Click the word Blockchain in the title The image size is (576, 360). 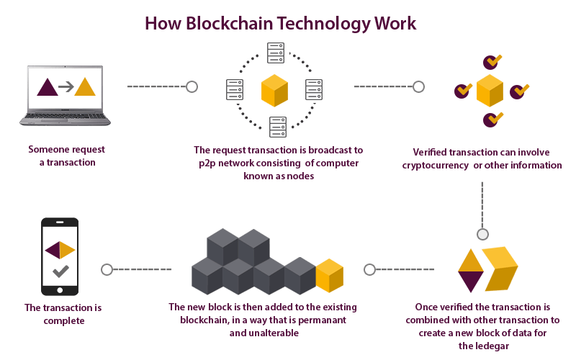230,23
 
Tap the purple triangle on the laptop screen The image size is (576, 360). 48,87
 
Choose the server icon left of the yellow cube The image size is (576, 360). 236,89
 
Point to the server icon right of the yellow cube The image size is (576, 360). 315,89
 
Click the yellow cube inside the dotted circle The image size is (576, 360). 275,90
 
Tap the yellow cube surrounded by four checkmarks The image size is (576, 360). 490,91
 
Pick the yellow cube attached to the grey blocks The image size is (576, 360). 330,275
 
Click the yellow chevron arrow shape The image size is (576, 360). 500,268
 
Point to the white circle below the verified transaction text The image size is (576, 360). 482,234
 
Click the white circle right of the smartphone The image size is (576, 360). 107,269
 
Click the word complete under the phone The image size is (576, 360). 64,320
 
